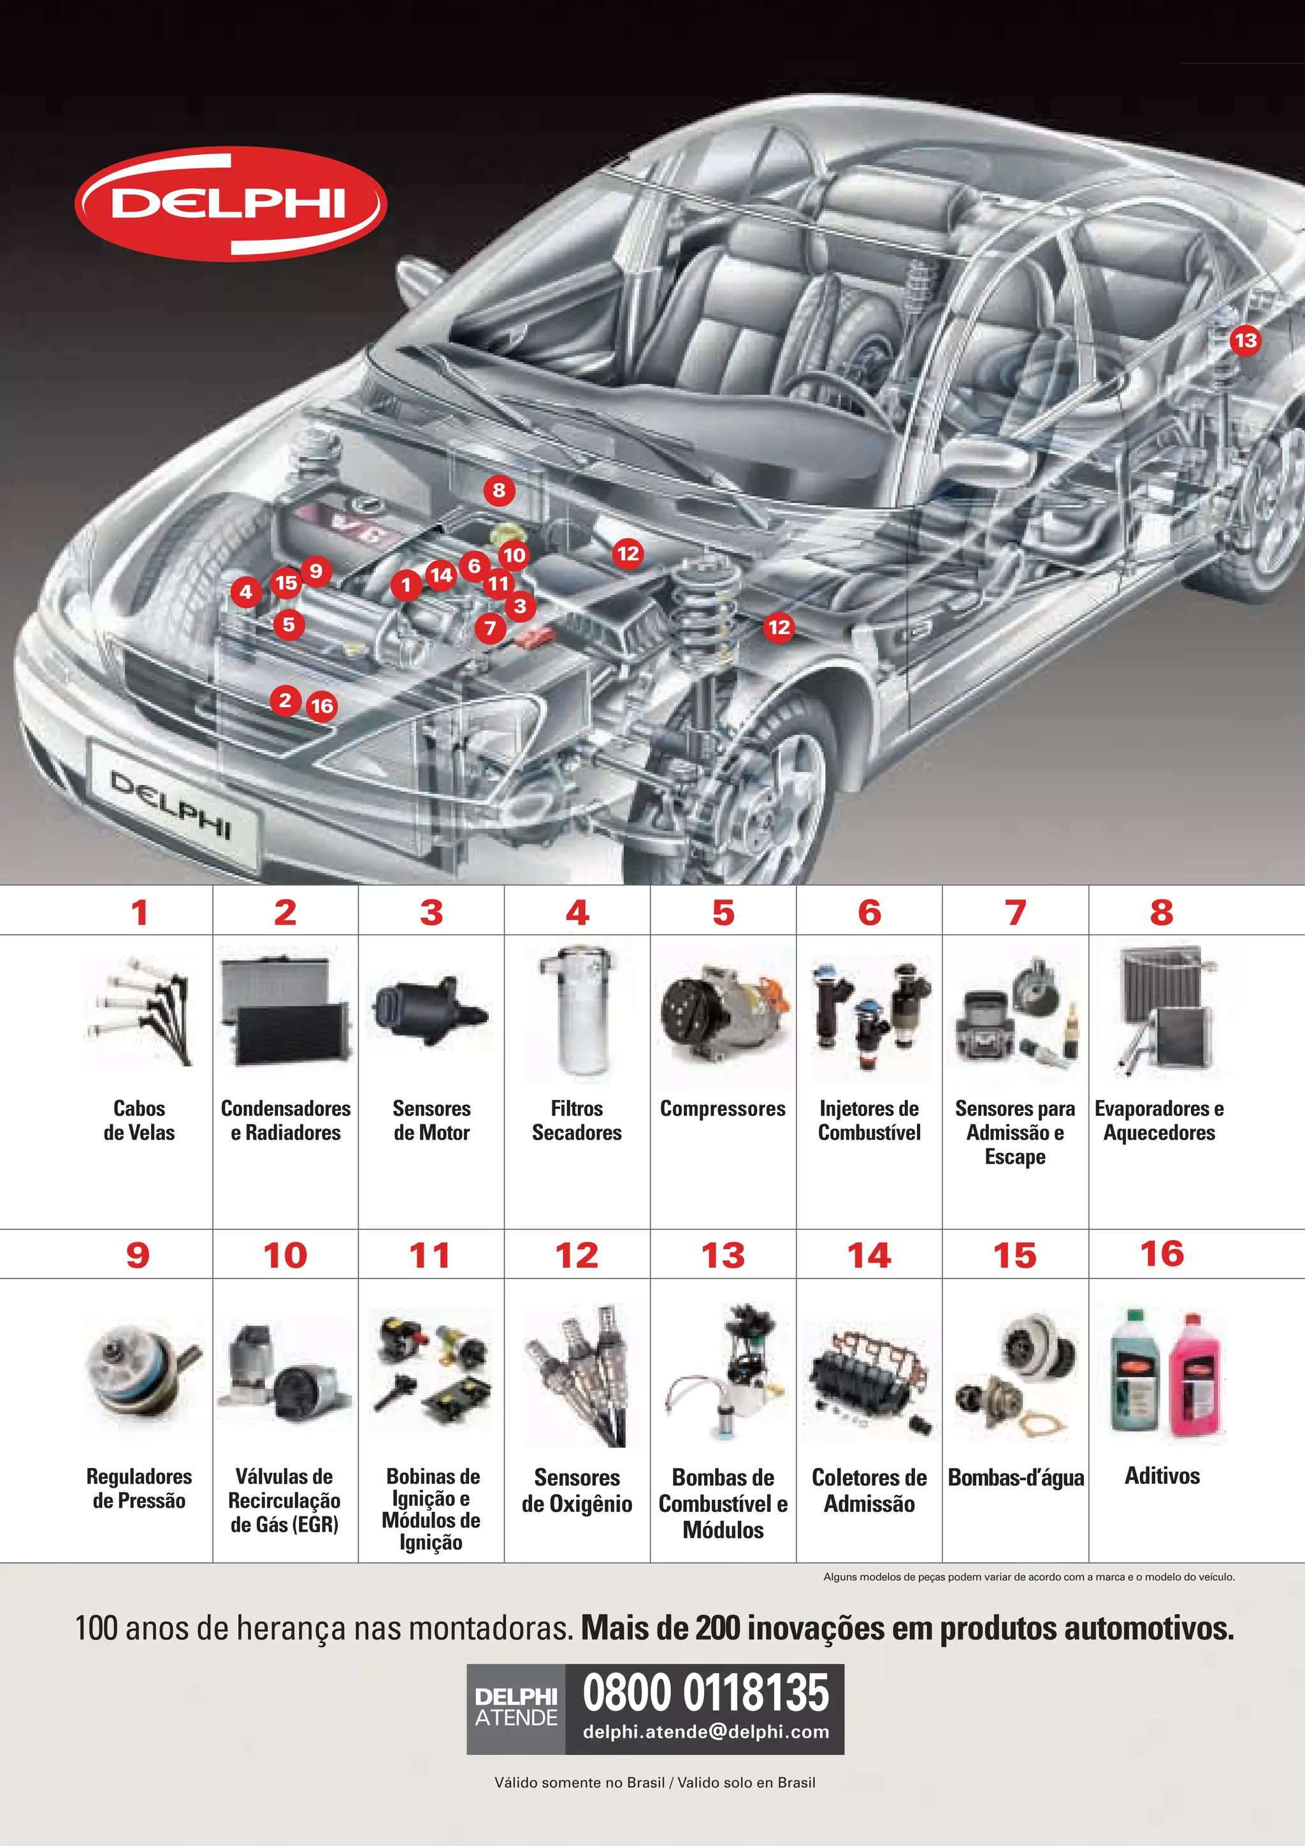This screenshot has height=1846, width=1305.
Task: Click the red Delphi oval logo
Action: point(231,203)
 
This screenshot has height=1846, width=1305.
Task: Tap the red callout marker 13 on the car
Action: point(1244,340)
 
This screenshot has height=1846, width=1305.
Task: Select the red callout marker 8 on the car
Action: point(499,490)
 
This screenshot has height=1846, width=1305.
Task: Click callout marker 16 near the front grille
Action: point(321,706)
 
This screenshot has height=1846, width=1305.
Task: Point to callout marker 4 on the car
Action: point(246,592)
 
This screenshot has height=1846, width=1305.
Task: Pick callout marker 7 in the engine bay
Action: point(490,628)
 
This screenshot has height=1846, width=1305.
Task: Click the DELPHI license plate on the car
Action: point(173,805)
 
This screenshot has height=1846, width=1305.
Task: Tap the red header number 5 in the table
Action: point(723,912)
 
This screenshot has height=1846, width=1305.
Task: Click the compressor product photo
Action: point(723,1013)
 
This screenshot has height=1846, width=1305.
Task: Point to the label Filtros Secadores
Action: point(577,1120)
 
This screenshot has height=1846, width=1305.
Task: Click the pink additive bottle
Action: point(1194,1377)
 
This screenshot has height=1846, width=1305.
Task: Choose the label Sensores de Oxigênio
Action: point(577,1491)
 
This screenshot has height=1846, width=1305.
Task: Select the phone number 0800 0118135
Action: point(705,1692)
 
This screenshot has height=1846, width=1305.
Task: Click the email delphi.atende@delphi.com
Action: point(705,1732)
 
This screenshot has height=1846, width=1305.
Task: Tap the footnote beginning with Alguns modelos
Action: point(1028,1577)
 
